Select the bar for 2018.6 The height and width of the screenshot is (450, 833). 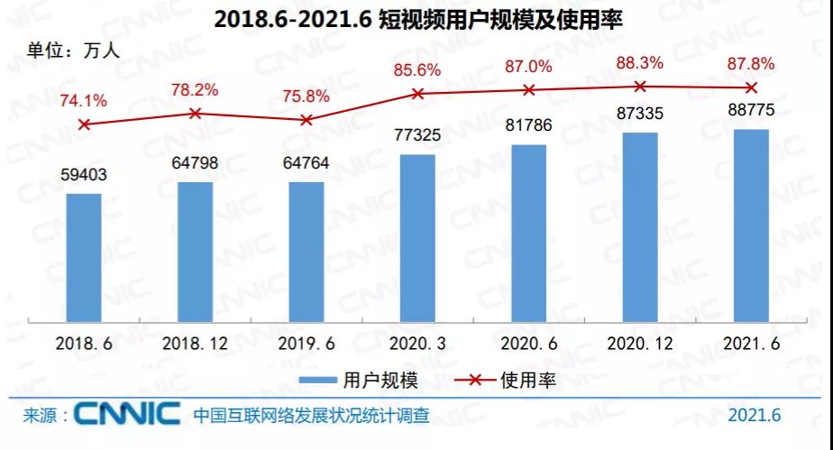tap(84, 256)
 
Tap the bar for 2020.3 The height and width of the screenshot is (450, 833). tap(417, 236)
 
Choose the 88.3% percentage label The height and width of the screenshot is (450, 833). tap(640, 63)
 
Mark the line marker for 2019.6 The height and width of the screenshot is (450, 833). tap(307, 120)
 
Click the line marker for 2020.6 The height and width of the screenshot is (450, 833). tap(529, 89)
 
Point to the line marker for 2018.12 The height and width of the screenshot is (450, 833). tap(195, 113)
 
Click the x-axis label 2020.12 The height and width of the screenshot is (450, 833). tap(640, 344)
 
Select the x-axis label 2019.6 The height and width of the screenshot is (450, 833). tap(307, 344)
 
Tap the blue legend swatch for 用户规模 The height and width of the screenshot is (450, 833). tap(316, 380)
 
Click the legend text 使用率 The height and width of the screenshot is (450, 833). tap(527, 380)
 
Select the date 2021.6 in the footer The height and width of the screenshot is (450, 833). tap(754, 416)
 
